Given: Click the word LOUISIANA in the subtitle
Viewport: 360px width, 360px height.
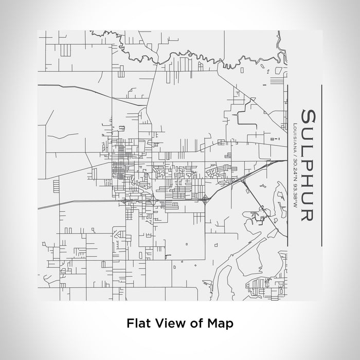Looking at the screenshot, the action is point(293,135).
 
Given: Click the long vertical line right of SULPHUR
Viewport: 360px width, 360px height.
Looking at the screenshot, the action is point(321,165).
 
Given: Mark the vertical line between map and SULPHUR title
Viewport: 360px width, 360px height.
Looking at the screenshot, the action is point(287,165).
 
